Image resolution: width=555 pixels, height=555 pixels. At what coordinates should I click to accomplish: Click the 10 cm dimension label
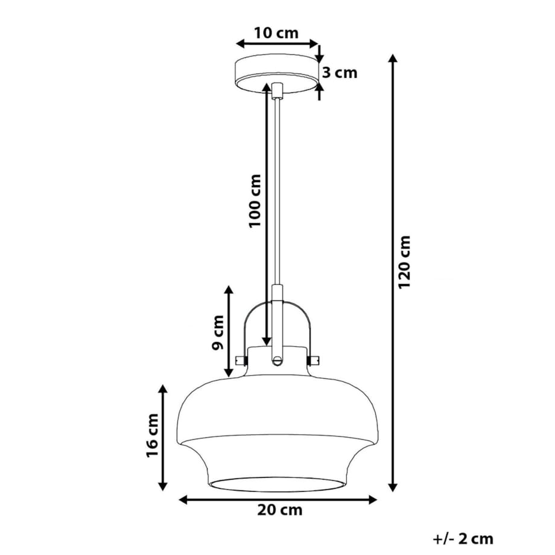276,33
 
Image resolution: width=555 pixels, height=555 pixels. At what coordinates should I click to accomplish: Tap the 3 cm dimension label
339,73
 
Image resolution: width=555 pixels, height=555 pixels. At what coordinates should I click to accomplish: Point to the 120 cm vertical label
404,261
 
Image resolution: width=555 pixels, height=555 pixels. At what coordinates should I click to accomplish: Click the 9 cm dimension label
218,332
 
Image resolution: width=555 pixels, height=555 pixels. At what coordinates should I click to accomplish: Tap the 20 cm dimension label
279,510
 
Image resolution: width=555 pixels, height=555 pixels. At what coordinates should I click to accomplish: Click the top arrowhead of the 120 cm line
393,59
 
